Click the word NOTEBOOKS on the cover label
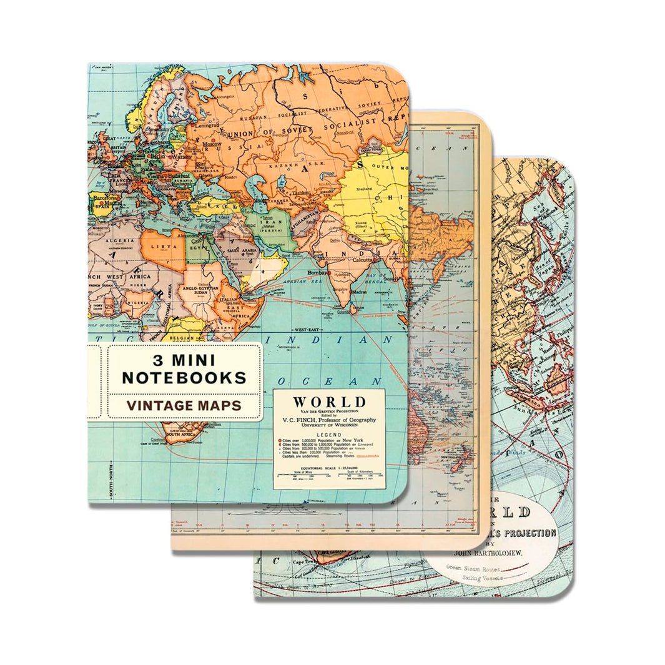(184, 377)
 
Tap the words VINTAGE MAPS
(184, 405)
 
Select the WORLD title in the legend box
(330, 401)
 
